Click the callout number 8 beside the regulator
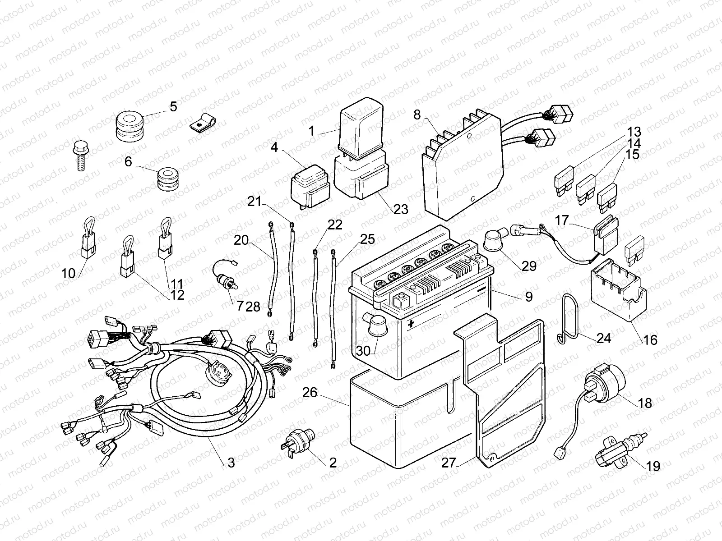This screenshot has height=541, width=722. coord(417,115)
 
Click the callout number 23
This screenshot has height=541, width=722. coord(400,209)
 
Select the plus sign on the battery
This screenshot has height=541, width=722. coord(411,324)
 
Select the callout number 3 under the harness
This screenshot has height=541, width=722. coord(231,463)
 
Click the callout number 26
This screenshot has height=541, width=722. coord(310,393)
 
